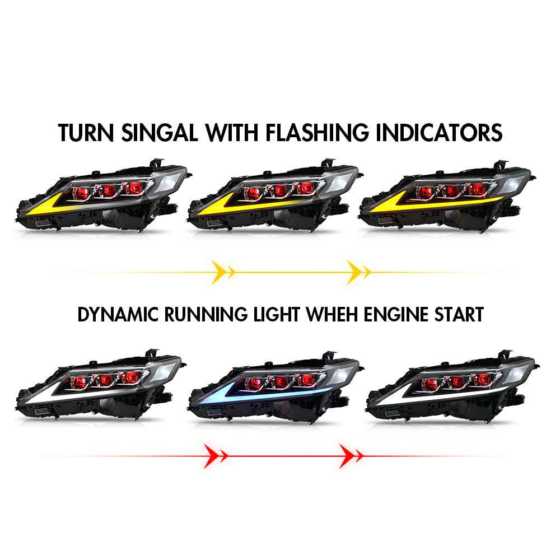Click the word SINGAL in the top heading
point(160,133)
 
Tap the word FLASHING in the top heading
point(317,133)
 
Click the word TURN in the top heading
point(86,133)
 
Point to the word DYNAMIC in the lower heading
point(118,315)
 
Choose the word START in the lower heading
point(459,315)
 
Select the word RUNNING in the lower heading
point(206,315)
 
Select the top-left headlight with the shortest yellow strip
point(104,198)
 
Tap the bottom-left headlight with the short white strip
point(101,386)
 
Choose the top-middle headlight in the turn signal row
point(276,198)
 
